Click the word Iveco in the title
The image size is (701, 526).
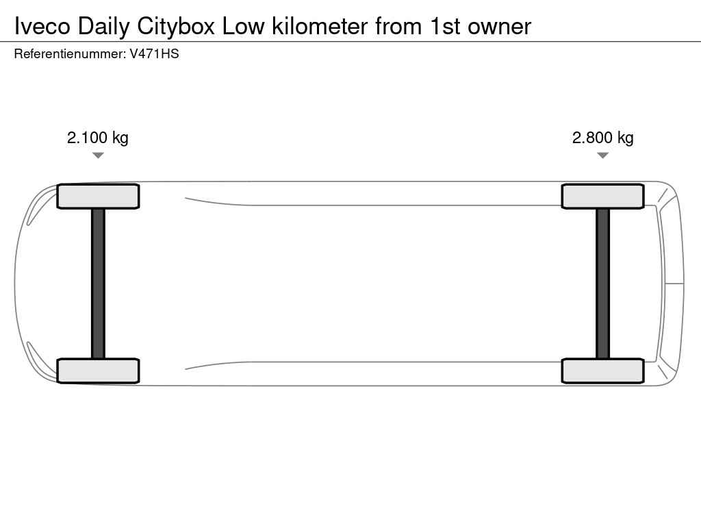(x=42, y=27)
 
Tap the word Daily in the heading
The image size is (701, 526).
(x=103, y=27)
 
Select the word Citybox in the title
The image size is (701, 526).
(x=176, y=27)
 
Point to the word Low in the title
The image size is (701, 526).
(x=244, y=27)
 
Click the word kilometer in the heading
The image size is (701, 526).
(x=320, y=27)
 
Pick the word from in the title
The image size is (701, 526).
(x=398, y=27)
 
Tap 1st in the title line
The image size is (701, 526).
(x=445, y=27)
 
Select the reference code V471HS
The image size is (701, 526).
(x=154, y=54)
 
